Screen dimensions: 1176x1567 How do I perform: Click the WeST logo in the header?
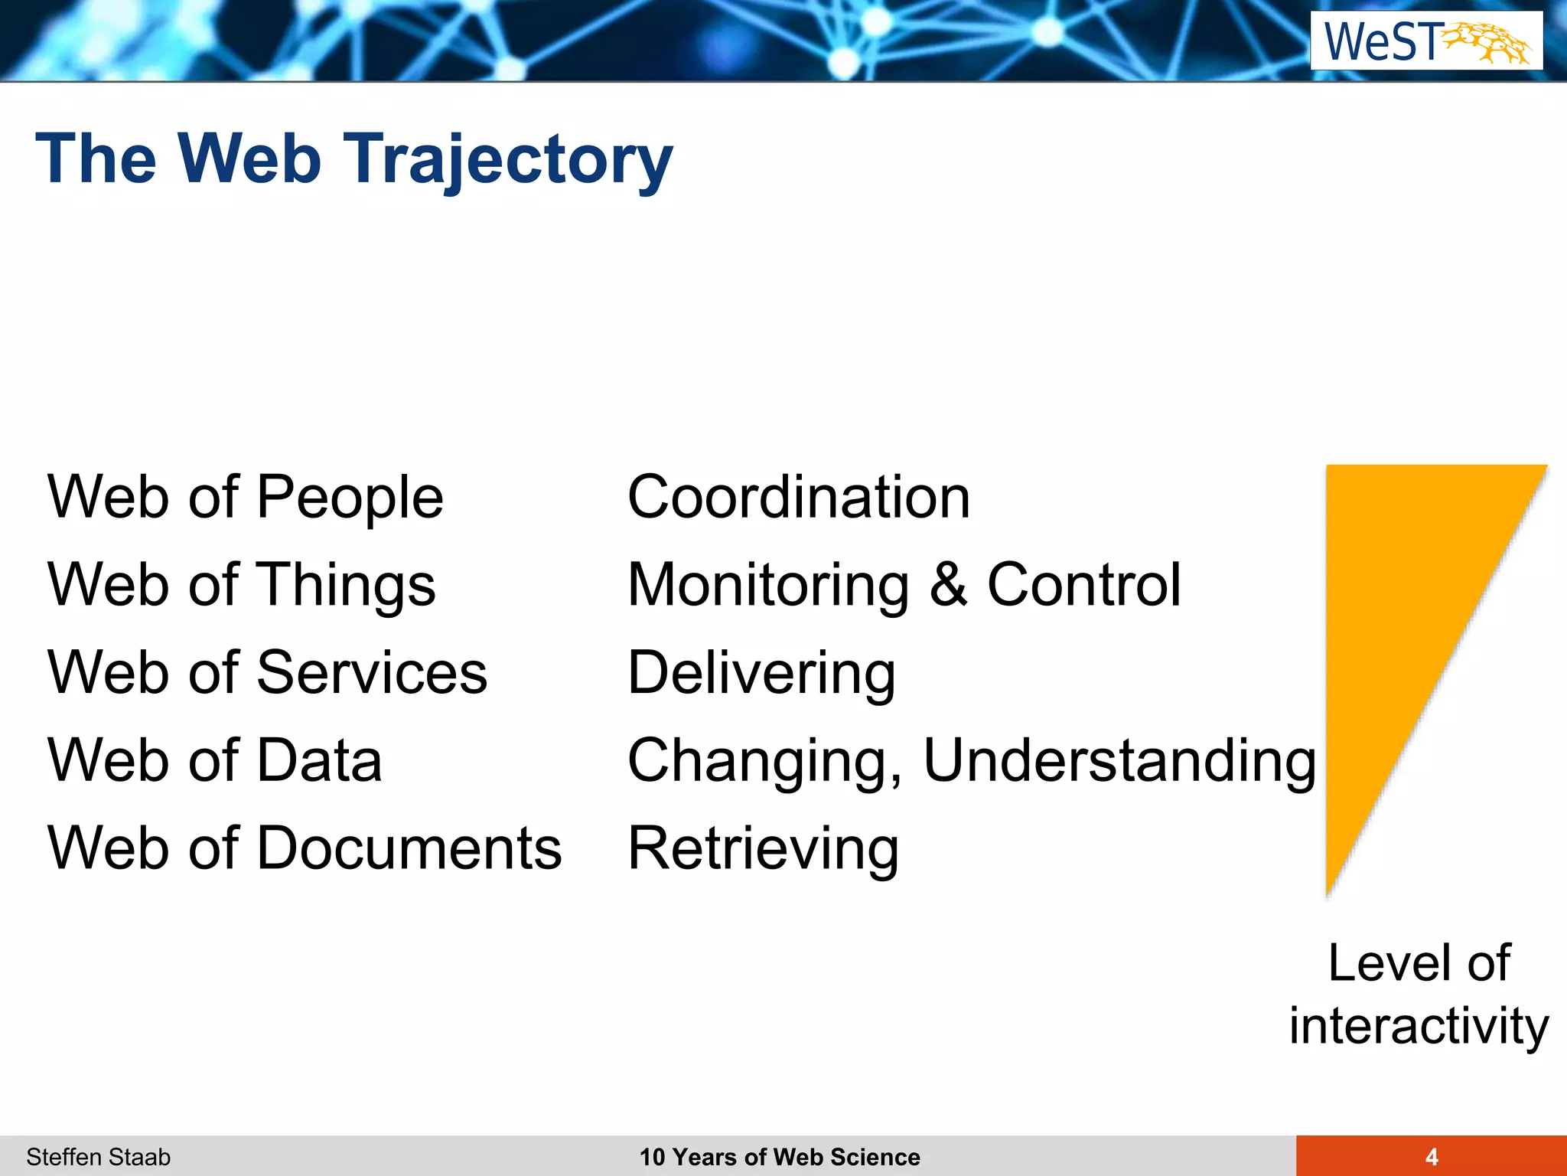click(1426, 41)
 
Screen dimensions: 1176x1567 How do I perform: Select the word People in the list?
click(350, 498)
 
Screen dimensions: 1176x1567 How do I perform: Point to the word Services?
click(372, 673)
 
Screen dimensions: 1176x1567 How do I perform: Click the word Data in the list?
click(319, 761)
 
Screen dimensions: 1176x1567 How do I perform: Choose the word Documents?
click(409, 848)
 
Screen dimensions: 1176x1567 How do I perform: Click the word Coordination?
click(799, 498)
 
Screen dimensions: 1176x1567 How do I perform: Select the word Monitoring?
click(768, 586)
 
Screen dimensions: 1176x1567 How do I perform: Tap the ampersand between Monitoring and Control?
click(949, 586)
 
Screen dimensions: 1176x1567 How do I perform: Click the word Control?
click(1084, 586)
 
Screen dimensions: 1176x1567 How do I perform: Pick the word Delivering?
click(761, 673)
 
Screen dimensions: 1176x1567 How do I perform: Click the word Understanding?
click(1120, 761)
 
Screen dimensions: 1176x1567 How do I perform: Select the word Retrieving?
click(763, 848)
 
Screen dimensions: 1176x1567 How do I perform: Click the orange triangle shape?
click(1400, 612)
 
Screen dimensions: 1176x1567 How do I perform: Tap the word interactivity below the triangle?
click(1419, 1026)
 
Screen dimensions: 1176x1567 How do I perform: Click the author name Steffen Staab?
click(99, 1157)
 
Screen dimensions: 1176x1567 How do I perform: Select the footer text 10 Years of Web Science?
click(780, 1157)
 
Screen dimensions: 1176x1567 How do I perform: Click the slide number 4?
click(1432, 1157)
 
